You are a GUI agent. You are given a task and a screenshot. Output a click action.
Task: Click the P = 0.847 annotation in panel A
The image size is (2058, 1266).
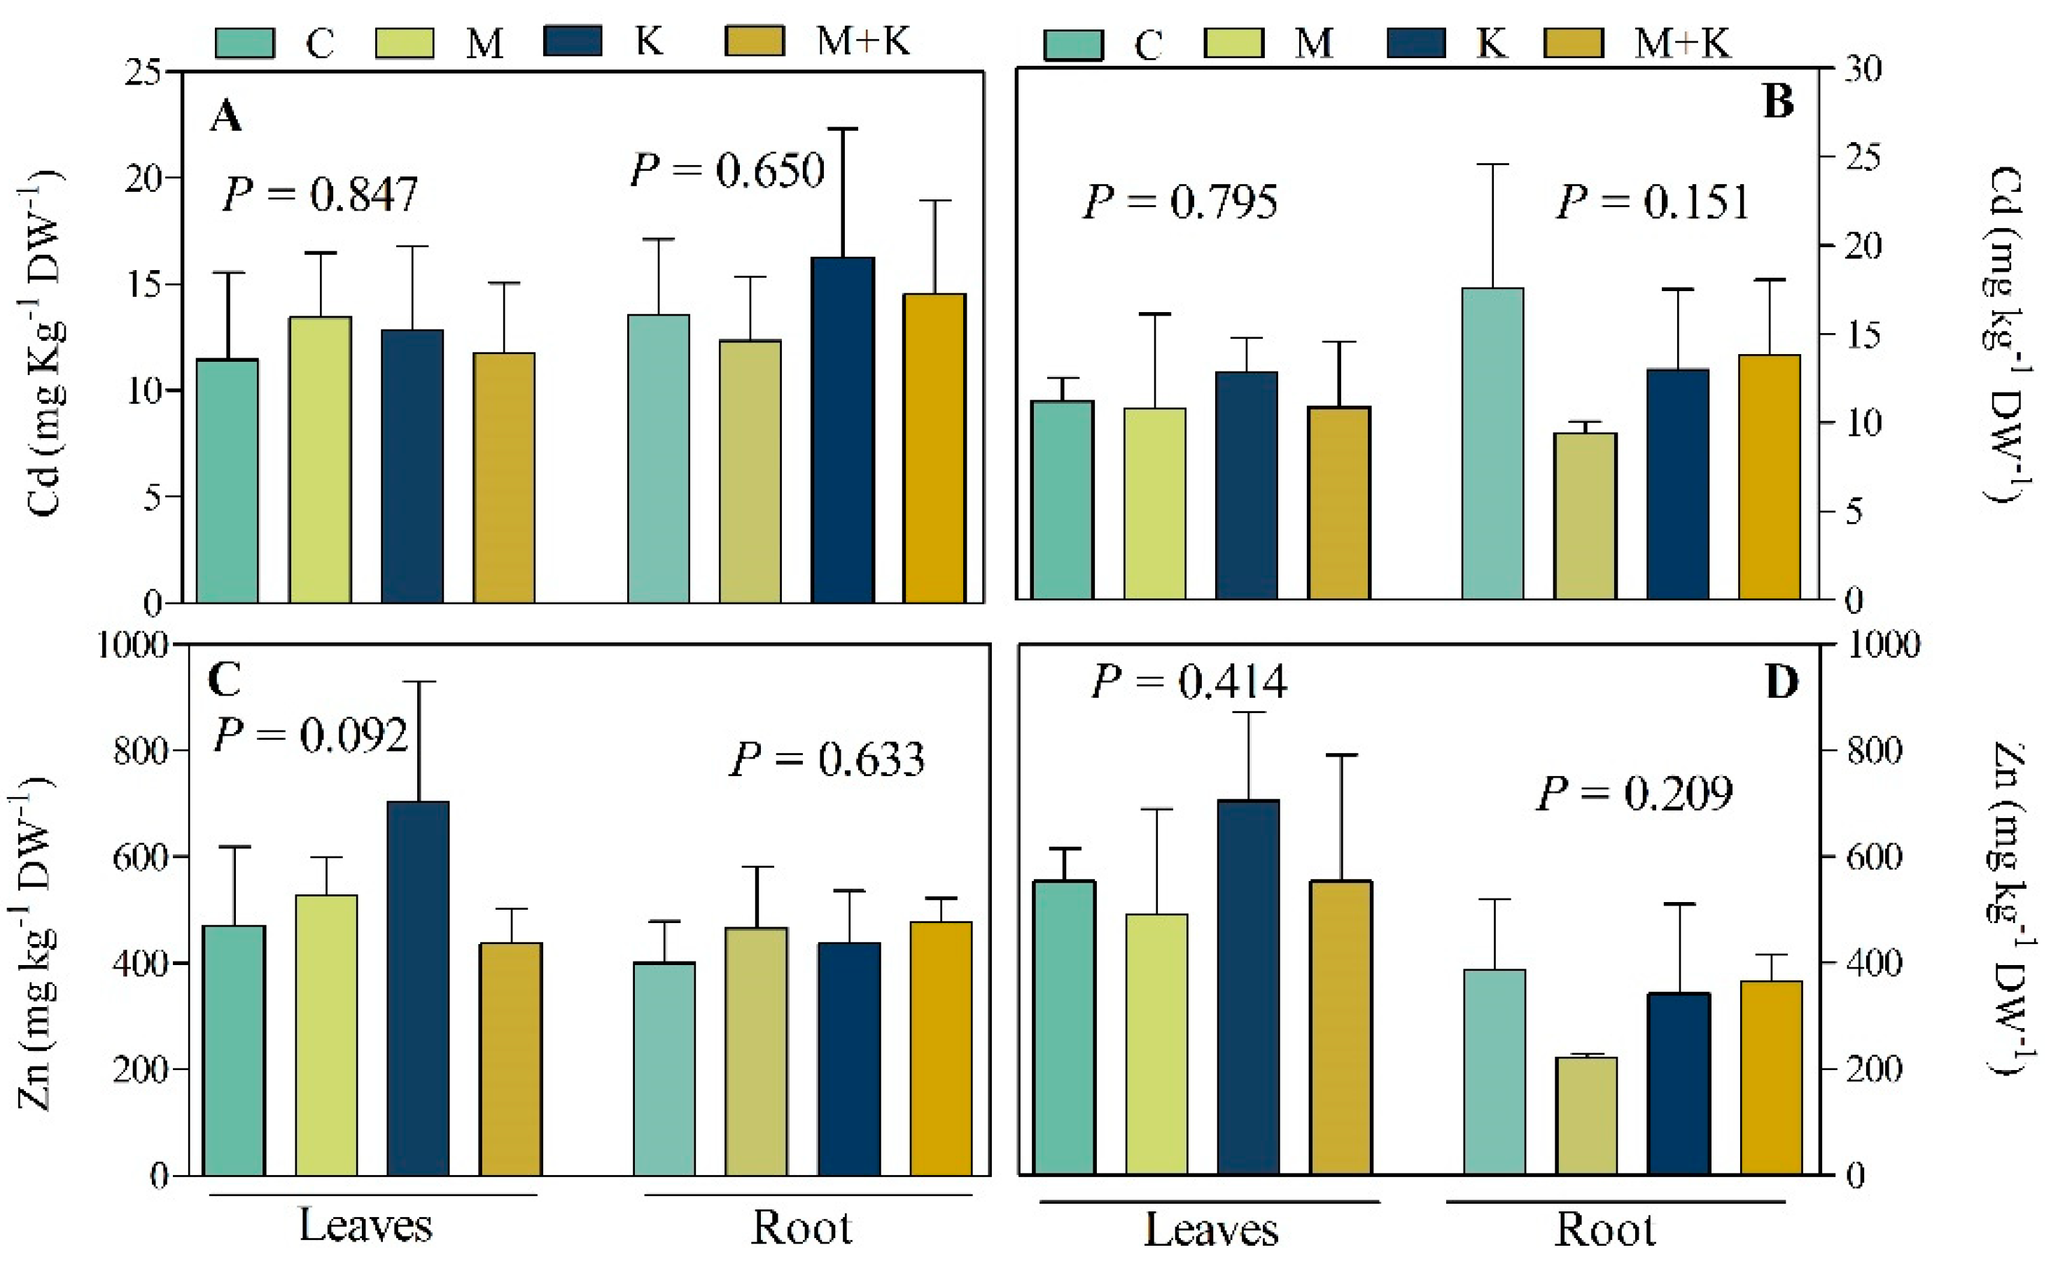coord(319,195)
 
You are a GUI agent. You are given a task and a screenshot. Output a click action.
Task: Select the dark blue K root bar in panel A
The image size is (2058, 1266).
coord(842,430)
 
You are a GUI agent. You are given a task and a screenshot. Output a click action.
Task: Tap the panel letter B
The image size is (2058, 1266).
coord(1779,102)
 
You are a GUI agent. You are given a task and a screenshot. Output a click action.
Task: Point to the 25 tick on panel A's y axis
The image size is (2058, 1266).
coord(141,72)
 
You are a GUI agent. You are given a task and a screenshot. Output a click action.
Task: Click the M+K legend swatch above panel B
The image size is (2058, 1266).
coord(1573,43)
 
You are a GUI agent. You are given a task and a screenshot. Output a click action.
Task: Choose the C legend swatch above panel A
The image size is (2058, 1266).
coord(244,43)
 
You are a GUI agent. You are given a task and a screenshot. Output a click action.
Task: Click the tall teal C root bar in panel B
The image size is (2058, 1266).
coord(1492,444)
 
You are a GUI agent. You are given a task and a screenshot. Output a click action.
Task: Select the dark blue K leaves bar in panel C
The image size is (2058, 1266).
coord(418,988)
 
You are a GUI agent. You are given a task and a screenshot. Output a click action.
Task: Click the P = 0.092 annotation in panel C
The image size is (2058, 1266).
coord(311,735)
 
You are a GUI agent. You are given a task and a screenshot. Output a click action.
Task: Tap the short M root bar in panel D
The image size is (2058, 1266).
coord(1585,1116)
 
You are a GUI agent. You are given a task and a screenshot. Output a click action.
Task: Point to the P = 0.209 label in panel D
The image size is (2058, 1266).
coord(1634,793)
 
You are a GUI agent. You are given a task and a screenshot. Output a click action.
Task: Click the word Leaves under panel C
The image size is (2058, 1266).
coord(366,1226)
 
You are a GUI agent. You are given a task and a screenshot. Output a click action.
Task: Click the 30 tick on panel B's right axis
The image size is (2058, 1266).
coord(1862,69)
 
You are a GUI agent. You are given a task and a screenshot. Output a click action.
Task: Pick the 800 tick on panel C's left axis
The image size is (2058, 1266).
coord(140,751)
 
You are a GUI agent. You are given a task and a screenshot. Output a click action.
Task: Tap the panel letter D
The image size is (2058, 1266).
coord(1781,682)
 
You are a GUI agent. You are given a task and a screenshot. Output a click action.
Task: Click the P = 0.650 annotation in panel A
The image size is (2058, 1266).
coord(727,170)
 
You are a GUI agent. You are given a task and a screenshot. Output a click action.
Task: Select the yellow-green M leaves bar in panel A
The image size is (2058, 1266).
coord(320,460)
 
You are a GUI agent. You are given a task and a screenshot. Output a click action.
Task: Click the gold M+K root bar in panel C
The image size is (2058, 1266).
coord(940,1048)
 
